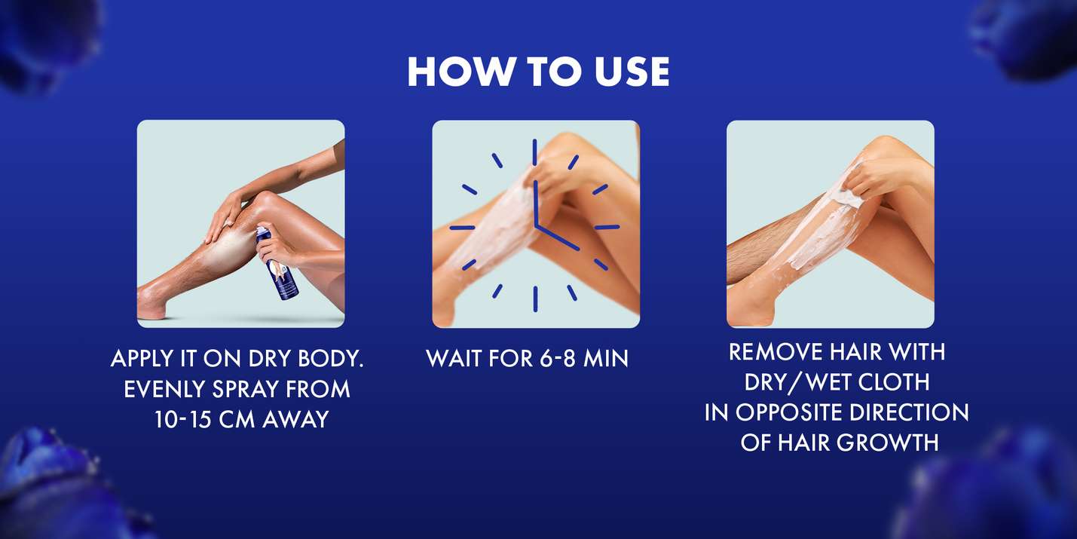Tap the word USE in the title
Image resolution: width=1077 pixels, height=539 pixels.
pos(632,72)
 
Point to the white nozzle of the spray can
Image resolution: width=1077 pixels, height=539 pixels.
pos(261,231)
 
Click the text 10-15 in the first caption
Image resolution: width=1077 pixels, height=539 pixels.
pos(182,419)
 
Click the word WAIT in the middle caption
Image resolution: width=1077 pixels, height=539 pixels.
pos(454,359)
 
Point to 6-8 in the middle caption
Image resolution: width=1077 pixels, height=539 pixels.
pos(557,359)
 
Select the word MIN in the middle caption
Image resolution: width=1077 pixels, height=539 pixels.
pos(606,359)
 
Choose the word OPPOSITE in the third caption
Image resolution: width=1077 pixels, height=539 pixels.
pos(789,412)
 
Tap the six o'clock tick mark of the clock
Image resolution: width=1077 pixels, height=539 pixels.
pos(535,299)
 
